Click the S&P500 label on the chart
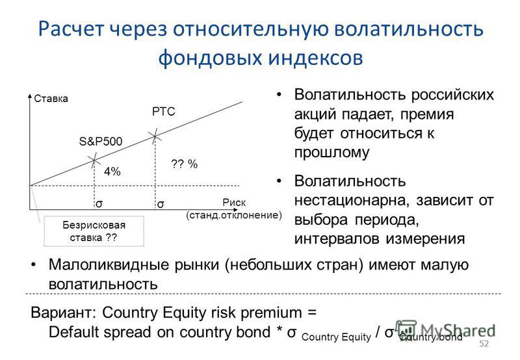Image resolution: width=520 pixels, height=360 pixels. pos(101,142)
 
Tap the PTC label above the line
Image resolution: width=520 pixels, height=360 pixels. pos(164,111)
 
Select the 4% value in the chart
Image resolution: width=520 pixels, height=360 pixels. pos(112,172)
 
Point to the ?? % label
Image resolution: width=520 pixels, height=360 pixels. pos(184,164)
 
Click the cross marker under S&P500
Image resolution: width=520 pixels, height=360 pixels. pos(94,161)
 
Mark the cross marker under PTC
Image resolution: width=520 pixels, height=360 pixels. pos(155,136)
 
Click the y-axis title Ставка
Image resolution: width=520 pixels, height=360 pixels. pos(51,99)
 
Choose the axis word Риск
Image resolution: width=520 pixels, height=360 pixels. pos(234,202)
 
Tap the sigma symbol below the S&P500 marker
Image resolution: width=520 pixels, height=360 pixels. pos(99,204)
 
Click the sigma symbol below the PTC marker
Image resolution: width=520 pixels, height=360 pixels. pos(160,204)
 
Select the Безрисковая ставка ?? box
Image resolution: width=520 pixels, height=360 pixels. pos(94,231)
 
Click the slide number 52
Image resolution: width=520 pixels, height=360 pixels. pos(484,343)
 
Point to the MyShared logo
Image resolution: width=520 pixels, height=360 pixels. pos(445,330)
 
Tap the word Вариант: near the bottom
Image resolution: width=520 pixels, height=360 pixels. pos(63,313)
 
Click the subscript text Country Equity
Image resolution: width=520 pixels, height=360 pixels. pos(336,337)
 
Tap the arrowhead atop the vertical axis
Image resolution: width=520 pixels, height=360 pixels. pos(30,96)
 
